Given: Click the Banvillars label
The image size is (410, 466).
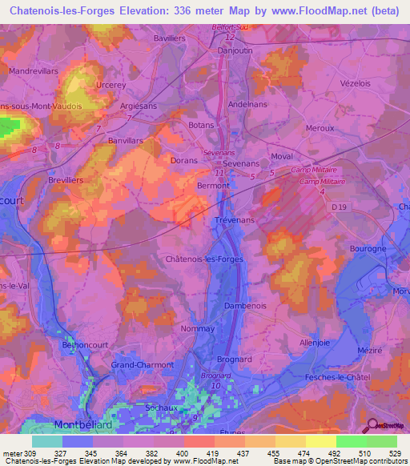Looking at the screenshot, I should click(125, 139).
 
